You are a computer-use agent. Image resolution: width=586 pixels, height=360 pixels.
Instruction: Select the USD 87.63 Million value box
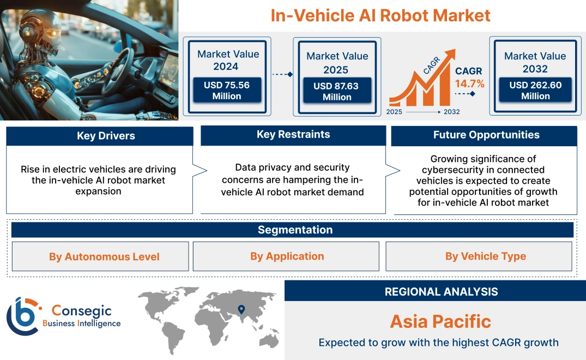pos(336,92)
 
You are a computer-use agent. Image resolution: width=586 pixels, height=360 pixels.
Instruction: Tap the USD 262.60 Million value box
pos(535,91)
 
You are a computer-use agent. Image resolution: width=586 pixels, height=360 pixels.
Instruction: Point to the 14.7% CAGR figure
pos(469,84)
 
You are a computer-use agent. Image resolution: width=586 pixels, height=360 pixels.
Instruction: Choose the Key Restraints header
pos(293,135)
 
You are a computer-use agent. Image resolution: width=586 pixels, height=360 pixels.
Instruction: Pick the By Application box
pos(287,256)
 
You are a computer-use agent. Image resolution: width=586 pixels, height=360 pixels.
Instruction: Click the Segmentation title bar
pos(295,230)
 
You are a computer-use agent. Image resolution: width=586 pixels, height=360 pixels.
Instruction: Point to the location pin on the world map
pos(240,310)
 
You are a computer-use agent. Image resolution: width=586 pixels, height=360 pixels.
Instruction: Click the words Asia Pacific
pos(440,321)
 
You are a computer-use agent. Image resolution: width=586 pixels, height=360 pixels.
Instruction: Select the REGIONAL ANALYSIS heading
pos(441,292)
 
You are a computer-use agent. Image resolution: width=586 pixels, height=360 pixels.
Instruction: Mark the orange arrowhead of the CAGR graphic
pos(450,55)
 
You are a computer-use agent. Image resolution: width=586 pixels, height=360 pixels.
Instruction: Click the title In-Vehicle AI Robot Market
pos(380,15)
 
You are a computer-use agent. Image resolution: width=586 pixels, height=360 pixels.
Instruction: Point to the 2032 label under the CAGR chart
pos(451,112)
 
